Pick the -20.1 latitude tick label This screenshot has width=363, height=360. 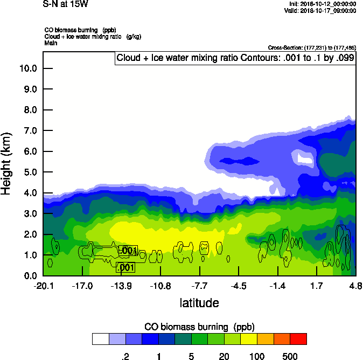(x=43, y=285)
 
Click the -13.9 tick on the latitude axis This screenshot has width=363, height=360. (x=122, y=285)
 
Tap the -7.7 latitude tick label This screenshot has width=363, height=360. (x=200, y=285)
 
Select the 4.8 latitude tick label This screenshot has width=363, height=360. (x=355, y=285)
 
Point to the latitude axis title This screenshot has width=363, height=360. (x=199, y=303)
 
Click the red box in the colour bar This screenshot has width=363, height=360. (x=298, y=339)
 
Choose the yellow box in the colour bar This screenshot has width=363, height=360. (x=249, y=339)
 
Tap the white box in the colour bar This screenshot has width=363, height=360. (x=100, y=339)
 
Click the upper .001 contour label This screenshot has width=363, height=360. (x=128, y=251)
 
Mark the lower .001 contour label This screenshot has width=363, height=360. (x=125, y=267)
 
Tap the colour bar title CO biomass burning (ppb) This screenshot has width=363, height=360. (x=199, y=327)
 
